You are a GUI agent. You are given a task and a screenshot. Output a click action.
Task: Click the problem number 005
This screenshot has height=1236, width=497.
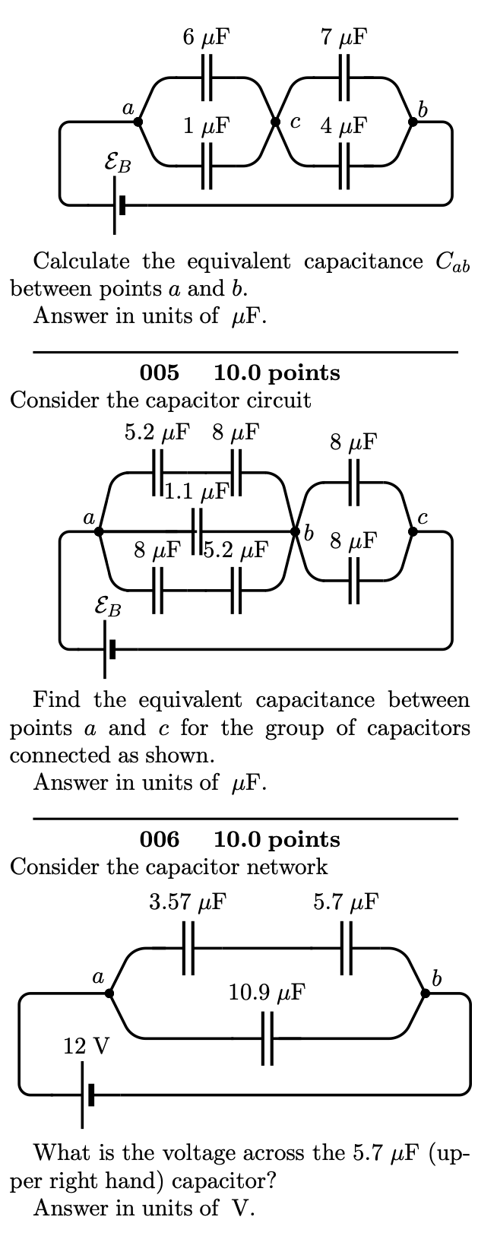click(x=160, y=372)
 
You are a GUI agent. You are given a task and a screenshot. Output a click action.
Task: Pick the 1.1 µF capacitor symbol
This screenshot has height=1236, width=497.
click(x=196, y=531)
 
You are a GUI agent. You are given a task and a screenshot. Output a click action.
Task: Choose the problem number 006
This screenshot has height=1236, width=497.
click(x=160, y=839)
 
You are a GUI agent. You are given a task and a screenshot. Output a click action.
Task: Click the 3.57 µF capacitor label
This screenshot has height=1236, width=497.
click(x=187, y=902)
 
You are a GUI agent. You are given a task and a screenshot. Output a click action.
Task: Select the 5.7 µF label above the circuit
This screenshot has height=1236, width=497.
click(x=346, y=902)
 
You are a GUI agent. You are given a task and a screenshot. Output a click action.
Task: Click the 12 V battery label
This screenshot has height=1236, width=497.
click(x=86, y=1047)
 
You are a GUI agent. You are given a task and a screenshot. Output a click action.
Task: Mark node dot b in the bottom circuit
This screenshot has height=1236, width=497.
click(x=425, y=993)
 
